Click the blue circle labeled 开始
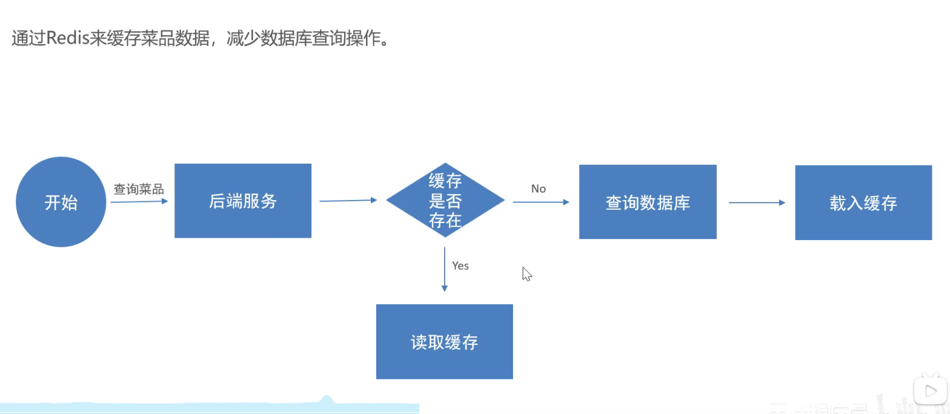point(61,202)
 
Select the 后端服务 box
point(243,201)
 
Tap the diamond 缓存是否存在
point(445,200)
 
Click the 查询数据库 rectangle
point(648,202)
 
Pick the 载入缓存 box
point(863,202)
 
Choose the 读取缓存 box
point(445,341)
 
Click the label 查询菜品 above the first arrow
point(139,189)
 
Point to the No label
point(538,189)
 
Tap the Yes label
point(460,265)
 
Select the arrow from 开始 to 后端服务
point(139,201)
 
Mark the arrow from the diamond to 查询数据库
point(541,202)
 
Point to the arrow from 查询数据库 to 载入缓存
point(757,202)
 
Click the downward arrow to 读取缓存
point(445,269)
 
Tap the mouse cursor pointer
point(526,274)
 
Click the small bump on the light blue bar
point(327,399)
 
